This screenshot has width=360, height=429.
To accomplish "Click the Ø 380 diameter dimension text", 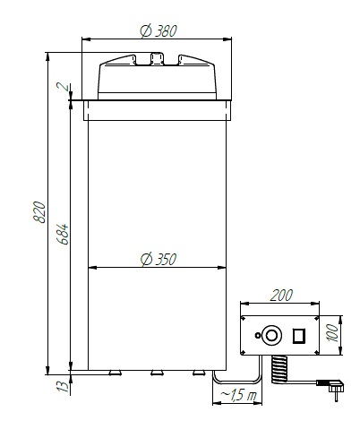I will [159, 30].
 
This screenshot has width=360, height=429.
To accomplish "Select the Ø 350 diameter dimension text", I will [159, 259].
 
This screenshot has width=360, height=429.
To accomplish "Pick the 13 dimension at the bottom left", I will [60, 387].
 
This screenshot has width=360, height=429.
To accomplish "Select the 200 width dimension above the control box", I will [281, 295].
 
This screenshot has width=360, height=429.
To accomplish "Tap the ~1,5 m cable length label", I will [239, 396].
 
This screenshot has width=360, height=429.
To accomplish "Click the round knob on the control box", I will [273, 337].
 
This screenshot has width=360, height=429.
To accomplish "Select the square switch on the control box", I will [301, 336].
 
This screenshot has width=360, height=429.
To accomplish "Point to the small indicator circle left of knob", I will [259, 338].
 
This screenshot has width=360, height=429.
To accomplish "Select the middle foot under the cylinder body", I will [158, 372].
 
